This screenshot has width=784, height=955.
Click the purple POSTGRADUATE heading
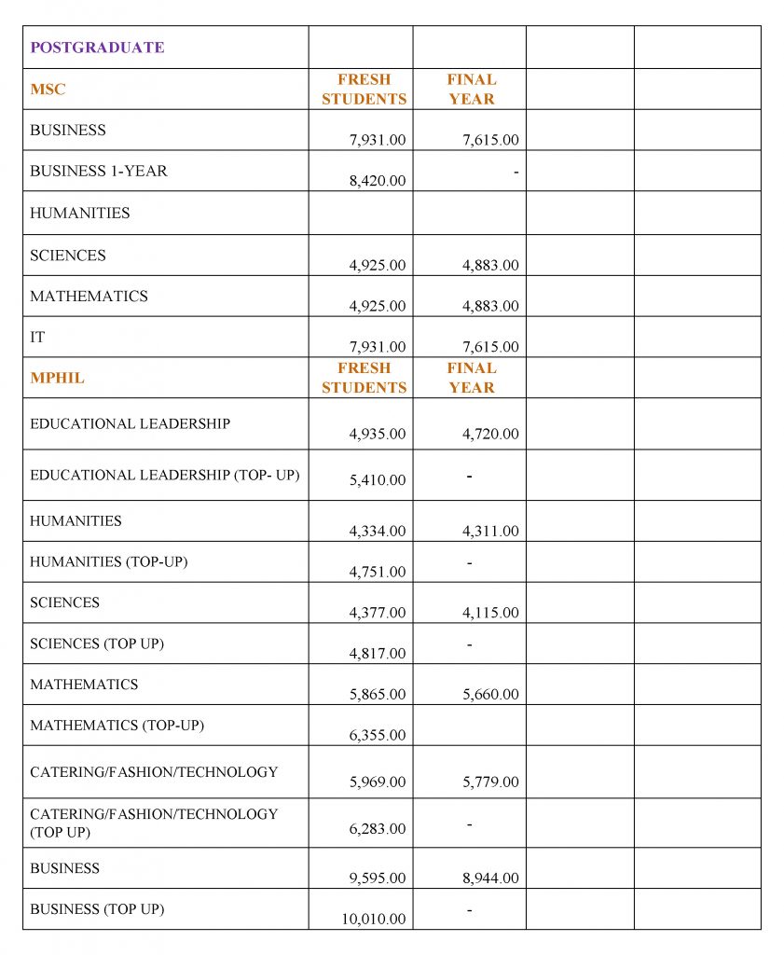point(97,48)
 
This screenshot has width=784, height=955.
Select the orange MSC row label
point(48,90)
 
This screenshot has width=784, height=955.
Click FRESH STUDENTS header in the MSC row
point(364,90)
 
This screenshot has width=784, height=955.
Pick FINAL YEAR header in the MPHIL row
point(471,378)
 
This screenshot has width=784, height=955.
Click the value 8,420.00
point(378,181)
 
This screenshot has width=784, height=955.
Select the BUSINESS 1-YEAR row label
point(99,172)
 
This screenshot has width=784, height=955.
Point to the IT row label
point(37,338)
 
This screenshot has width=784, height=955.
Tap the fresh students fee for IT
point(378,347)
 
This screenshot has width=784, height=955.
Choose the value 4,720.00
point(490,434)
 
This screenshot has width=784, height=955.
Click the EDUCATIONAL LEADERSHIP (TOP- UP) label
point(164,475)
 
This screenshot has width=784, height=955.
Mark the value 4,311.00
point(490,531)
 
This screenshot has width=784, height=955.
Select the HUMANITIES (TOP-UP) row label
point(108,561)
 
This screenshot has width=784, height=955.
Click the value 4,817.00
point(378,653)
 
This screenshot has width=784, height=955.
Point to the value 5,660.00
point(490,694)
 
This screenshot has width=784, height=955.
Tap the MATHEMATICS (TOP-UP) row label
point(117,725)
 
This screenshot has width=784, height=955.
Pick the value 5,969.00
point(378,782)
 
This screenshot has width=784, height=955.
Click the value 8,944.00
point(490,878)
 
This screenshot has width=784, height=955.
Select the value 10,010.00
point(373,919)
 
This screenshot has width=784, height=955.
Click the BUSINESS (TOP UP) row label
point(97,908)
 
